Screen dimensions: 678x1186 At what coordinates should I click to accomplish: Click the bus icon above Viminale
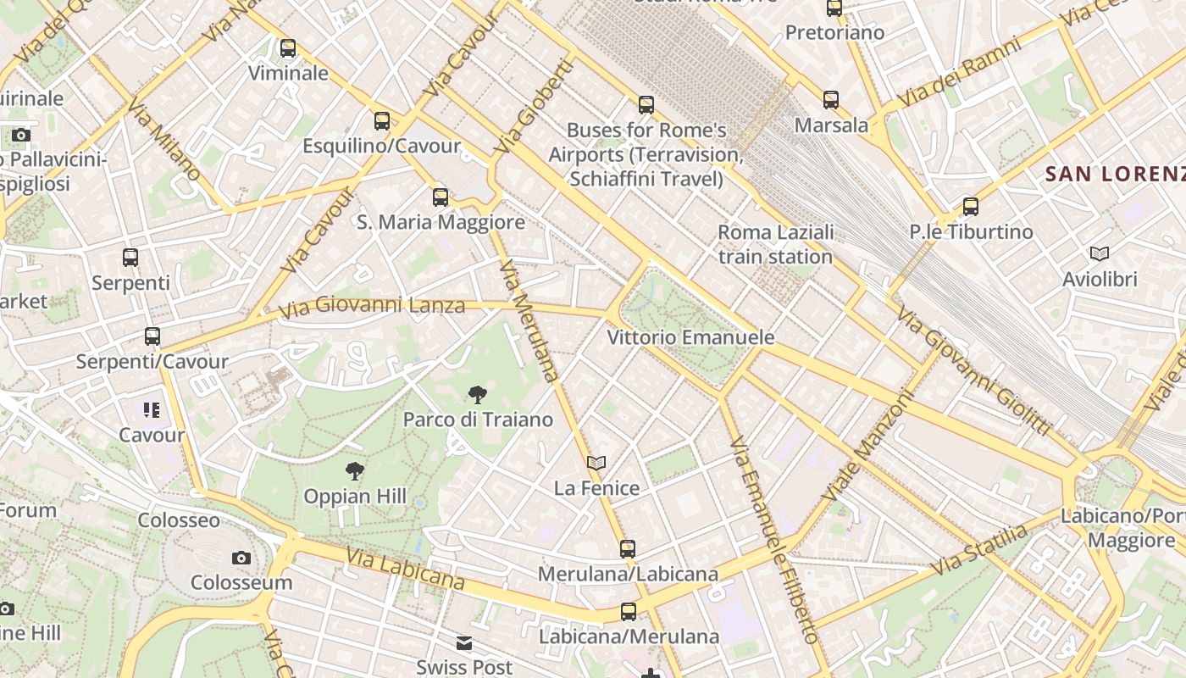(288, 48)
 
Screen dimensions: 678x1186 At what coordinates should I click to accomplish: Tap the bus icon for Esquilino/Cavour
(382, 121)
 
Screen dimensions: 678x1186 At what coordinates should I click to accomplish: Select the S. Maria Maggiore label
(441, 223)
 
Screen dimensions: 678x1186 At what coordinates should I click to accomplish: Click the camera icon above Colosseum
(241, 558)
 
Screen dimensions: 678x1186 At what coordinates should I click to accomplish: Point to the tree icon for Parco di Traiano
(478, 394)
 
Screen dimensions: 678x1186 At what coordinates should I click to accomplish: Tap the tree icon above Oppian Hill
(355, 471)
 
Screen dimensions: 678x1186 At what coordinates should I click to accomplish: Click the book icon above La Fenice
(596, 463)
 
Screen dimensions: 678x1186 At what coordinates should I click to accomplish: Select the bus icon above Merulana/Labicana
(628, 549)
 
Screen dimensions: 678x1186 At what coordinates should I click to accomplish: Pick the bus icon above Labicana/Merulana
(629, 612)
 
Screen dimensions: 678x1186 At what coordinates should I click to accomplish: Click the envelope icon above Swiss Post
(464, 643)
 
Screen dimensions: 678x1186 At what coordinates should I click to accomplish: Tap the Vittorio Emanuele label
(690, 337)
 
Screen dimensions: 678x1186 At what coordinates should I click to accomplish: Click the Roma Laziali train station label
(775, 244)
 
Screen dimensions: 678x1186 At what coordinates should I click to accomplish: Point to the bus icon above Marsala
(831, 100)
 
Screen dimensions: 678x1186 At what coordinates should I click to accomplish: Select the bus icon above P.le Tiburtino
(971, 206)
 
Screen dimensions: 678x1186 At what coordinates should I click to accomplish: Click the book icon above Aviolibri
(1100, 253)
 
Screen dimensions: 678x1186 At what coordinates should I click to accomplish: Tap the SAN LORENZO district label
(1115, 175)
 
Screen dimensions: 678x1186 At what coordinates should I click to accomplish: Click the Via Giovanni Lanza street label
(372, 306)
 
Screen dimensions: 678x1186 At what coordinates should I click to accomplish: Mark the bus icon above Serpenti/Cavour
(152, 336)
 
